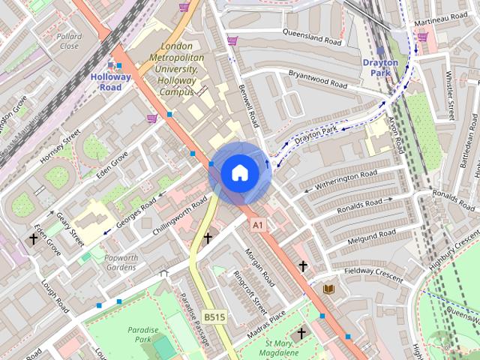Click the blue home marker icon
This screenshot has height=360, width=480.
pos(239,172)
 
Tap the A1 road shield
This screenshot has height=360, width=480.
pos(258,224)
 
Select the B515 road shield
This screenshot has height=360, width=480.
pos(214,318)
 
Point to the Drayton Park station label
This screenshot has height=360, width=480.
pos(380,67)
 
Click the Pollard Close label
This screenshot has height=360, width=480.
pos(69,40)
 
